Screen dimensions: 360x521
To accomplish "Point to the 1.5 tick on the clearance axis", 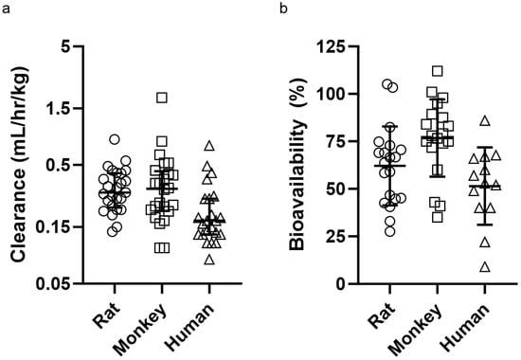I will (60, 109).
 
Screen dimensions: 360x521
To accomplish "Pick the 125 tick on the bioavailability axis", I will (338, 46).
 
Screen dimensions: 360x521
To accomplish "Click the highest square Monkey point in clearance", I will (162, 98).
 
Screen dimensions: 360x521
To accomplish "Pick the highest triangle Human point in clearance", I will (209, 146).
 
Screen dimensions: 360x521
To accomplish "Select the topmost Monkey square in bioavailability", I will (437, 71).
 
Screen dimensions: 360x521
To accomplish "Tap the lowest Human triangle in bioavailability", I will (485, 267).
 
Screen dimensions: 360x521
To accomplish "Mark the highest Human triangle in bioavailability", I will (485, 120).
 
